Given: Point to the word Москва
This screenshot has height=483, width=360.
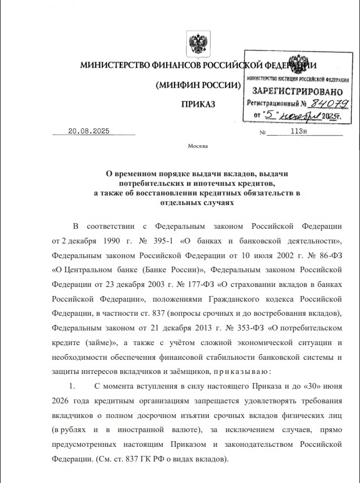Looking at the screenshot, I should [198, 146].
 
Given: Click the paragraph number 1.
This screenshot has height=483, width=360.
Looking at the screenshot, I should [72, 386].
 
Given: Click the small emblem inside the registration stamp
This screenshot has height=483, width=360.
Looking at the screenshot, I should [296, 64].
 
